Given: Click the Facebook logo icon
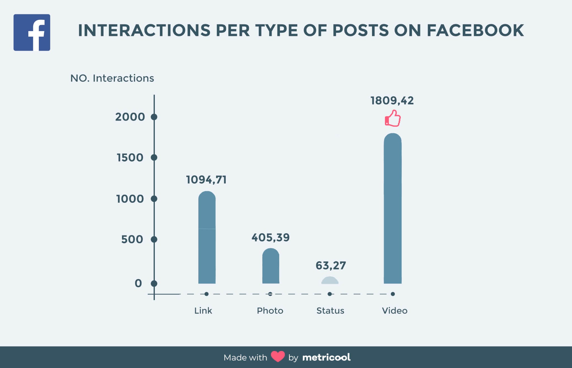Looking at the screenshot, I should pyautogui.click(x=32, y=32).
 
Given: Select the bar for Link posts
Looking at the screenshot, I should pyautogui.click(x=207, y=238).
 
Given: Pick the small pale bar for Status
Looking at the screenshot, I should pyautogui.click(x=330, y=281).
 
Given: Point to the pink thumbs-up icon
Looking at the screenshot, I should pyautogui.click(x=393, y=118).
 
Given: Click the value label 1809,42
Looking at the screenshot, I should pyautogui.click(x=392, y=101).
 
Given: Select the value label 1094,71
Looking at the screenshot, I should pyautogui.click(x=206, y=180).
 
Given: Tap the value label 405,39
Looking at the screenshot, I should pyautogui.click(x=270, y=238).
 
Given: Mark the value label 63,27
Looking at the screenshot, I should pyautogui.click(x=331, y=265).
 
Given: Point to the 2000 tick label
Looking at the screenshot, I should pyautogui.click(x=130, y=117).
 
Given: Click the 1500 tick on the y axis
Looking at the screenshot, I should pyautogui.click(x=154, y=158).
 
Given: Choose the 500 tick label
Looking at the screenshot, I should pyautogui.click(x=132, y=239).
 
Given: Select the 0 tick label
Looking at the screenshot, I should pyautogui.click(x=138, y=283).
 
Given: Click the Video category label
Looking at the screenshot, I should pyautogui.click(x=394, y=311).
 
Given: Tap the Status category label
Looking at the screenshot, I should pyautogui.click(x=330, y=311).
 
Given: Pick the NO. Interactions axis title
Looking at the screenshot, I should pyautogui.click(x=112, y=78).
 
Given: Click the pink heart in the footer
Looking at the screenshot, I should pyautogui.click(x=278, y=357).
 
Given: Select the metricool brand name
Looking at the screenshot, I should pyautogui.click(x=326, y=357).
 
